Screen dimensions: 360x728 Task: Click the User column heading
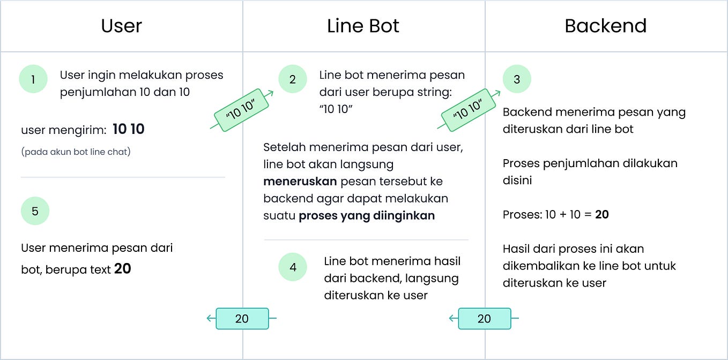point(122,26)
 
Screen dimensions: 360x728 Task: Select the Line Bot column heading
point(363,26)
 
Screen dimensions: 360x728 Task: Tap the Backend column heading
point(605,26)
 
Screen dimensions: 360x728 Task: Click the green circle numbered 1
point(33,79)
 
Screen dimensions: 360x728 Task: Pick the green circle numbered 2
point(292,79)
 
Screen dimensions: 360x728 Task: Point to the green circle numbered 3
point(517,79)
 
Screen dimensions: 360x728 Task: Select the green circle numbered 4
point(293,267)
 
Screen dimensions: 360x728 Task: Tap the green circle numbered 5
point(35,211)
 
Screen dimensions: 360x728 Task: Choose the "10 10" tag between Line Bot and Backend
point(469,109)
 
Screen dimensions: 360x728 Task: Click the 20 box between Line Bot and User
point(242,319)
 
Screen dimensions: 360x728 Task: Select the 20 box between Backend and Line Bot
point(484,319)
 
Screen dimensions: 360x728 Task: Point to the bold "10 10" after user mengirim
point(129,129)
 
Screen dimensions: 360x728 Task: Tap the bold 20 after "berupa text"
point(123,269)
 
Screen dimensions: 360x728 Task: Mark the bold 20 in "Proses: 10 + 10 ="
point(602,215)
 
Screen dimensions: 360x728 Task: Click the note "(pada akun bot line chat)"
point(76,152)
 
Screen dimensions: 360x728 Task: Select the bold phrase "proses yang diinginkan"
point(367,216)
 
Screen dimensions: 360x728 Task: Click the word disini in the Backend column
point(517,181)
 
